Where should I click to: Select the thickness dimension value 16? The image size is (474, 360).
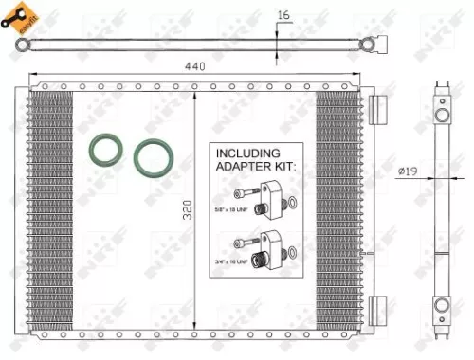click(284, 14)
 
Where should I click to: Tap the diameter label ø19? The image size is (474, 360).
click(409, 171)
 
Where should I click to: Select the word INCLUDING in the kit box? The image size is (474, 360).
click(248, 153)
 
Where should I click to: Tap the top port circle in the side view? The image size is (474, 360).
click(442, 116)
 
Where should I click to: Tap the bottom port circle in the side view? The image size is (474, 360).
click(442, 305)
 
